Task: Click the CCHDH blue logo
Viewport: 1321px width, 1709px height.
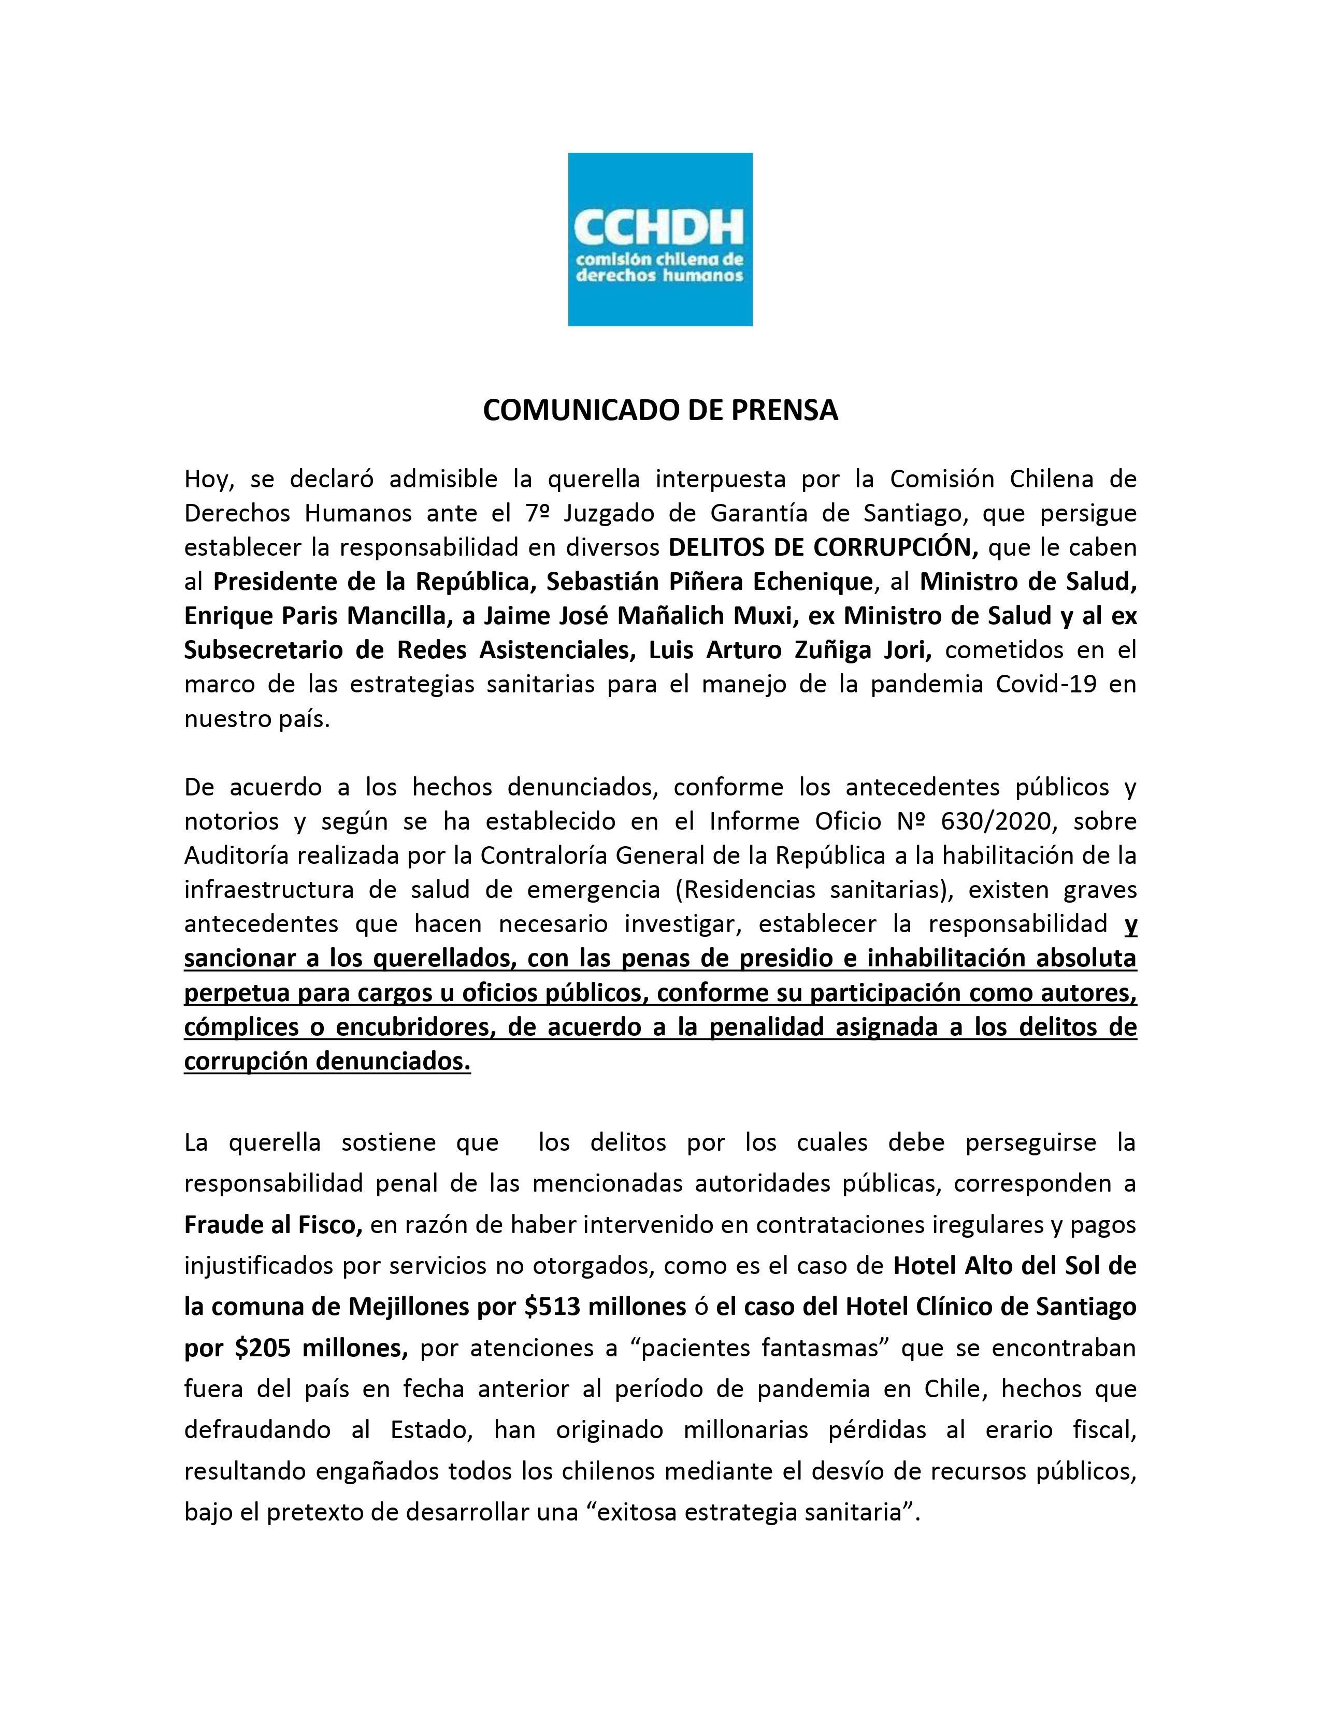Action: [x=659, y=239]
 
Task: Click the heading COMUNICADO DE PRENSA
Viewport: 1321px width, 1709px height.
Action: [x=659, y=411]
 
